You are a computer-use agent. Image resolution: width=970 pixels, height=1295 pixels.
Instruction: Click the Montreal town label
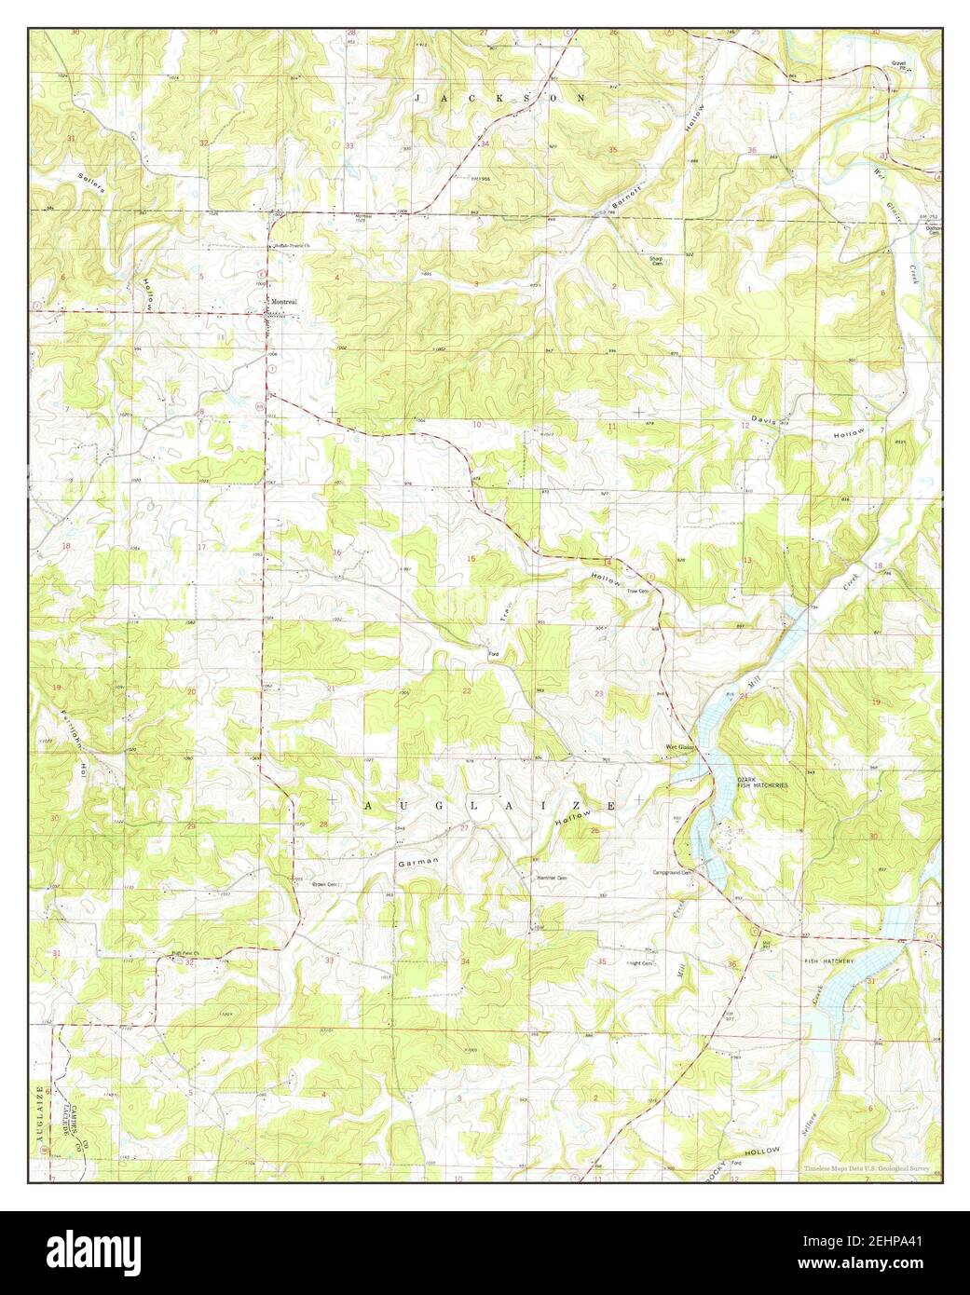click(284, 302)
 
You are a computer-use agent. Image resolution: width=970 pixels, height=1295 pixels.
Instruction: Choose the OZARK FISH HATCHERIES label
click(762, 783)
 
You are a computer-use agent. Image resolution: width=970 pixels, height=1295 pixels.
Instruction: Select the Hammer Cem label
click(552, 878)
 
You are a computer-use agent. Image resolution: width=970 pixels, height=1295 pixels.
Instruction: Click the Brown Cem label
click(325, 884)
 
